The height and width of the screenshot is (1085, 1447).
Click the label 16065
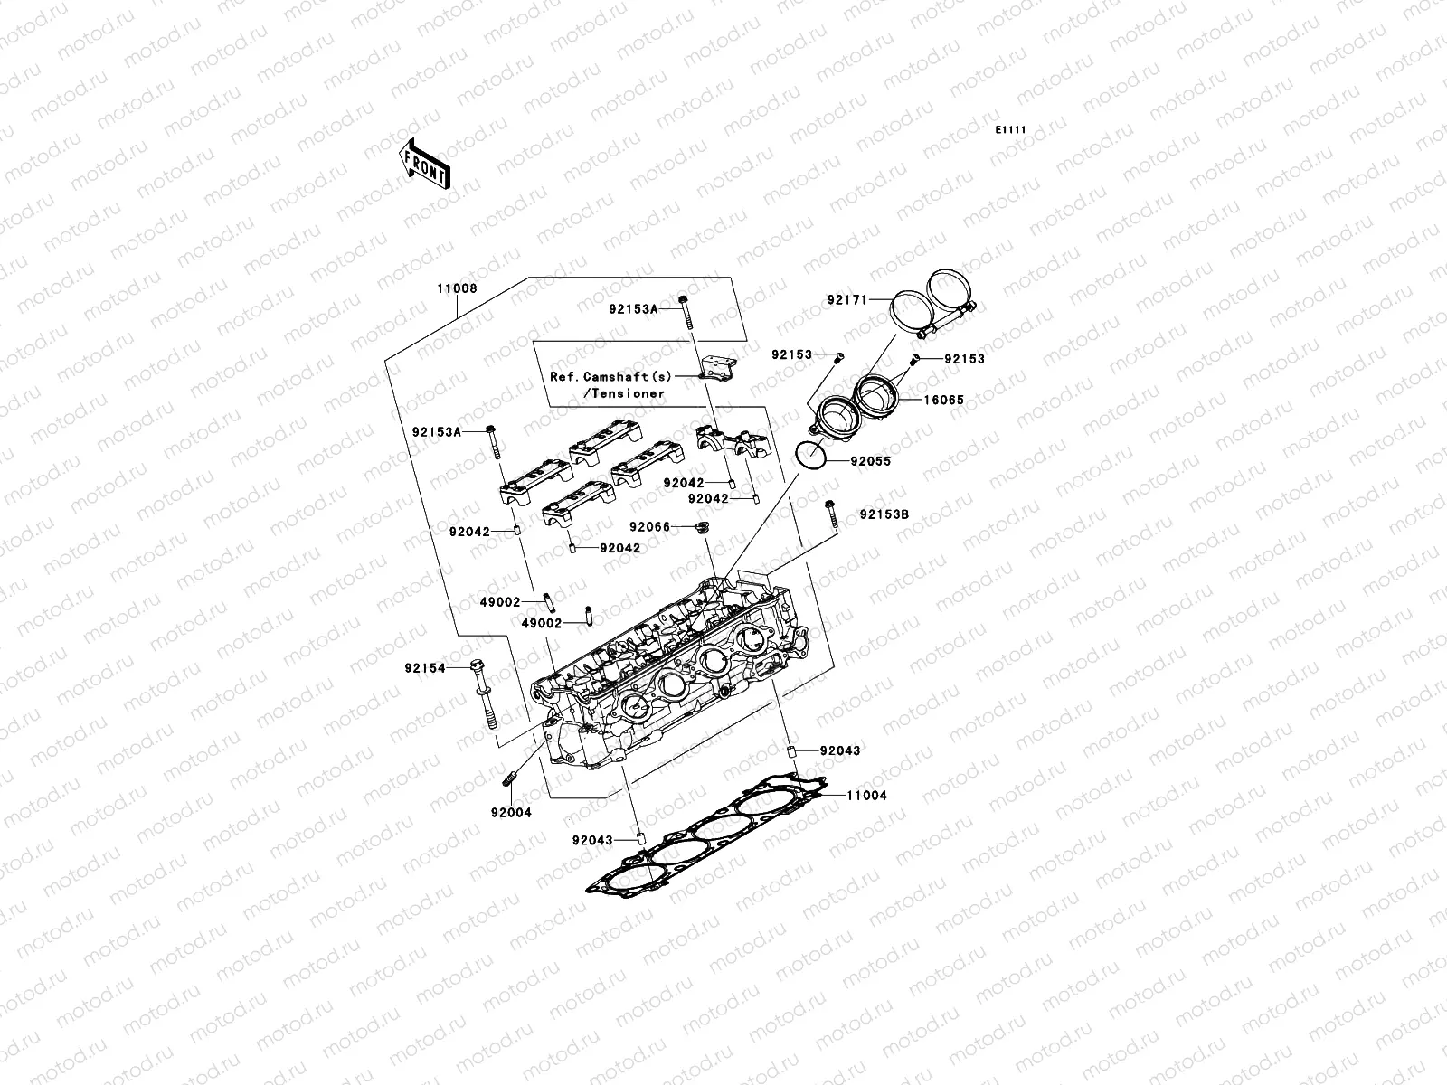tap(943, 399)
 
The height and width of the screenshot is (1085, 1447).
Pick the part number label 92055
tap(870, 461)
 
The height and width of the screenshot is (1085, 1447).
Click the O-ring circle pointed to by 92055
tap(811, 457)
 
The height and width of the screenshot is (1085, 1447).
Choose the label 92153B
tap(884, 514)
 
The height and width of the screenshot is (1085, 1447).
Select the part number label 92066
tap(649, 526)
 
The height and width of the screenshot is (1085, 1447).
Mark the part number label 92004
tap(511, 812)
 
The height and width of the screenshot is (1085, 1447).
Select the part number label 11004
tap(866, 796)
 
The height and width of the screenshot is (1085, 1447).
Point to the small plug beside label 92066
tap(699, 527)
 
